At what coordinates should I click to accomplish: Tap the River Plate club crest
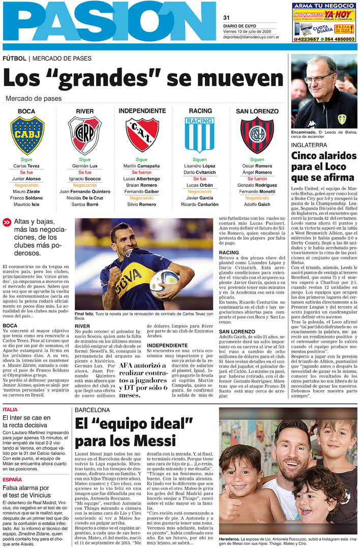click(x=85, y=135)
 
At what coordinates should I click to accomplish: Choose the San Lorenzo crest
click(x=257, y=135)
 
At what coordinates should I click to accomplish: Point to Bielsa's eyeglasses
click(x=319, y=78)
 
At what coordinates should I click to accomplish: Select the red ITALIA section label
click(x=10, y=410)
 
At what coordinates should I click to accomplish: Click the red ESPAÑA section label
click(x=12, y=479)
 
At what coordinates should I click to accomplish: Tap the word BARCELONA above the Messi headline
click(x=93, y=410)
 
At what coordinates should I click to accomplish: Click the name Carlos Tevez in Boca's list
click(x=27, y=166)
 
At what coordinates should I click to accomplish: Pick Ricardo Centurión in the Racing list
click(x=199, y=205)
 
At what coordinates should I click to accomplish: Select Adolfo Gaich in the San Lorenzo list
click(x=257, y=205)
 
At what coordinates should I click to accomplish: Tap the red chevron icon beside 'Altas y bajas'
click(x=7, y=222)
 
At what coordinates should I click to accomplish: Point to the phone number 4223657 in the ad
click(x=307, y=39)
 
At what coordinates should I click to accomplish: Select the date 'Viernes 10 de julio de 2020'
click(x=251, y=31)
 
